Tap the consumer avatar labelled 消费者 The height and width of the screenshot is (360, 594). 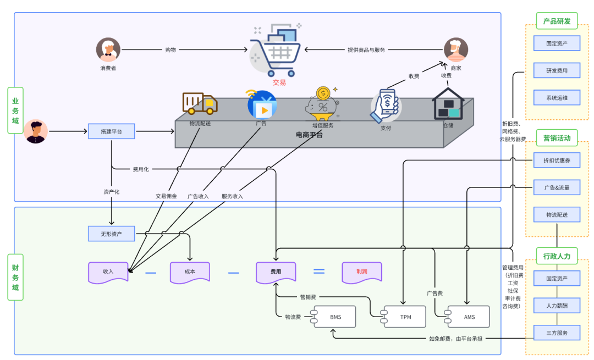[x=108, y=50]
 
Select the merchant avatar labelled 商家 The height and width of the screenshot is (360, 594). [x=455, y=50]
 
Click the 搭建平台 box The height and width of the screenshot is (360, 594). [x=111, y=131]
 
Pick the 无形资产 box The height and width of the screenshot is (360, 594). [x=111, y=234]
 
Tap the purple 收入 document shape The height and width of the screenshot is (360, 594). [x=108, y=272]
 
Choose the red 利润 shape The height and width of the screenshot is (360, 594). [x=361, y=272]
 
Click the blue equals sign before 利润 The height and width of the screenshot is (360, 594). [x=319, y=271]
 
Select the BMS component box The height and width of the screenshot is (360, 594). [x=335, y=317]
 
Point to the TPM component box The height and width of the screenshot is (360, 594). [x=405, y=317]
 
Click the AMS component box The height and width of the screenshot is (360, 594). [x=469, y=317]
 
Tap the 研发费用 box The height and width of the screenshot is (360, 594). [x=557, y=70]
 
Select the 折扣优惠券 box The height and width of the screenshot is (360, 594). [x=557, y=160]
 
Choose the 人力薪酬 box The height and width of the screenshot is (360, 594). [x=557, y=305]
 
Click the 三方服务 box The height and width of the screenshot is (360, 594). [x=557, y=333]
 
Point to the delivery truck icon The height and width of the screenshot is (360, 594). [x=200, y=103]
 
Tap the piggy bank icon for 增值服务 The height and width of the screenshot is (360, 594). [x=323, y=104]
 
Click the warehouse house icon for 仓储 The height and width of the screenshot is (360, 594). [x=449, y=104]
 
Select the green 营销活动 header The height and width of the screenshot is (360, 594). [x=557, y=138]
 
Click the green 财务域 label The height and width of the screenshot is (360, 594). [x=15, y=277]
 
